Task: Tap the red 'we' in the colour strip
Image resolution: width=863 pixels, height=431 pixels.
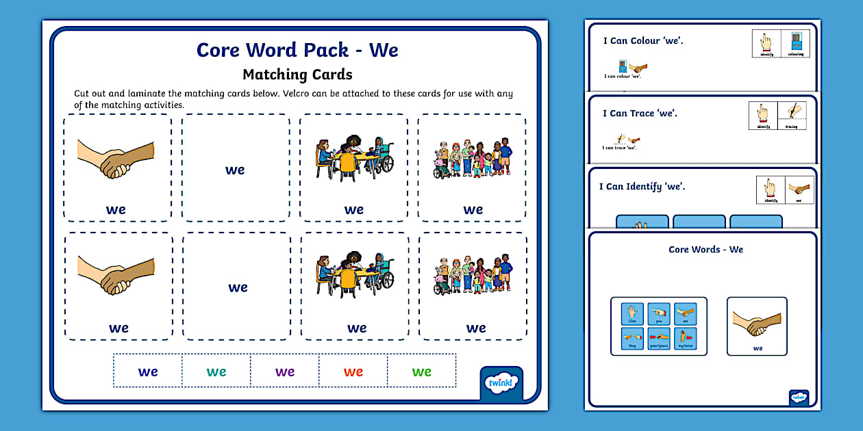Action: coord(353,372)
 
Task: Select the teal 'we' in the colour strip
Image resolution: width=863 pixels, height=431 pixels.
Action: coord(216,372)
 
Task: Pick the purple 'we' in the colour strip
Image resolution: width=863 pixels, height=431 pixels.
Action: coord(285,372)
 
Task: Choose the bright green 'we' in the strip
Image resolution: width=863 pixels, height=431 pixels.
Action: coord(422,372)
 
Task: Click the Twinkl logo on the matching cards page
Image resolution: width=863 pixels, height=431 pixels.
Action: coord(501,383)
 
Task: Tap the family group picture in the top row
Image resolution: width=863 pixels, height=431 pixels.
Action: coord(473,158)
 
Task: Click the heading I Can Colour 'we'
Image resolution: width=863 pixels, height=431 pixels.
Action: coord(643,41)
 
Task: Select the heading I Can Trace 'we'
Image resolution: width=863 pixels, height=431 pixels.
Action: coord(640,114)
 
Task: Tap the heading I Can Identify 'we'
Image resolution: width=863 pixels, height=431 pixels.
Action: coord(642,187)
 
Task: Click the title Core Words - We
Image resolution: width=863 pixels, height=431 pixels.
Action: coord(705,250)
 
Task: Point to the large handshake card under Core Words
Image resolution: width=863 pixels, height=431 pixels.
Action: coord(757,326)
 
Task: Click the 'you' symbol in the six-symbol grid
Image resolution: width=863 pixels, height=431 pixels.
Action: coord(658,315)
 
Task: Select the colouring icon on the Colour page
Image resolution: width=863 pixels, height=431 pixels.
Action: coord(795,43)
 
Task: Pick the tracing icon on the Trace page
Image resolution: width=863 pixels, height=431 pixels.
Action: coord(792,114)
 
